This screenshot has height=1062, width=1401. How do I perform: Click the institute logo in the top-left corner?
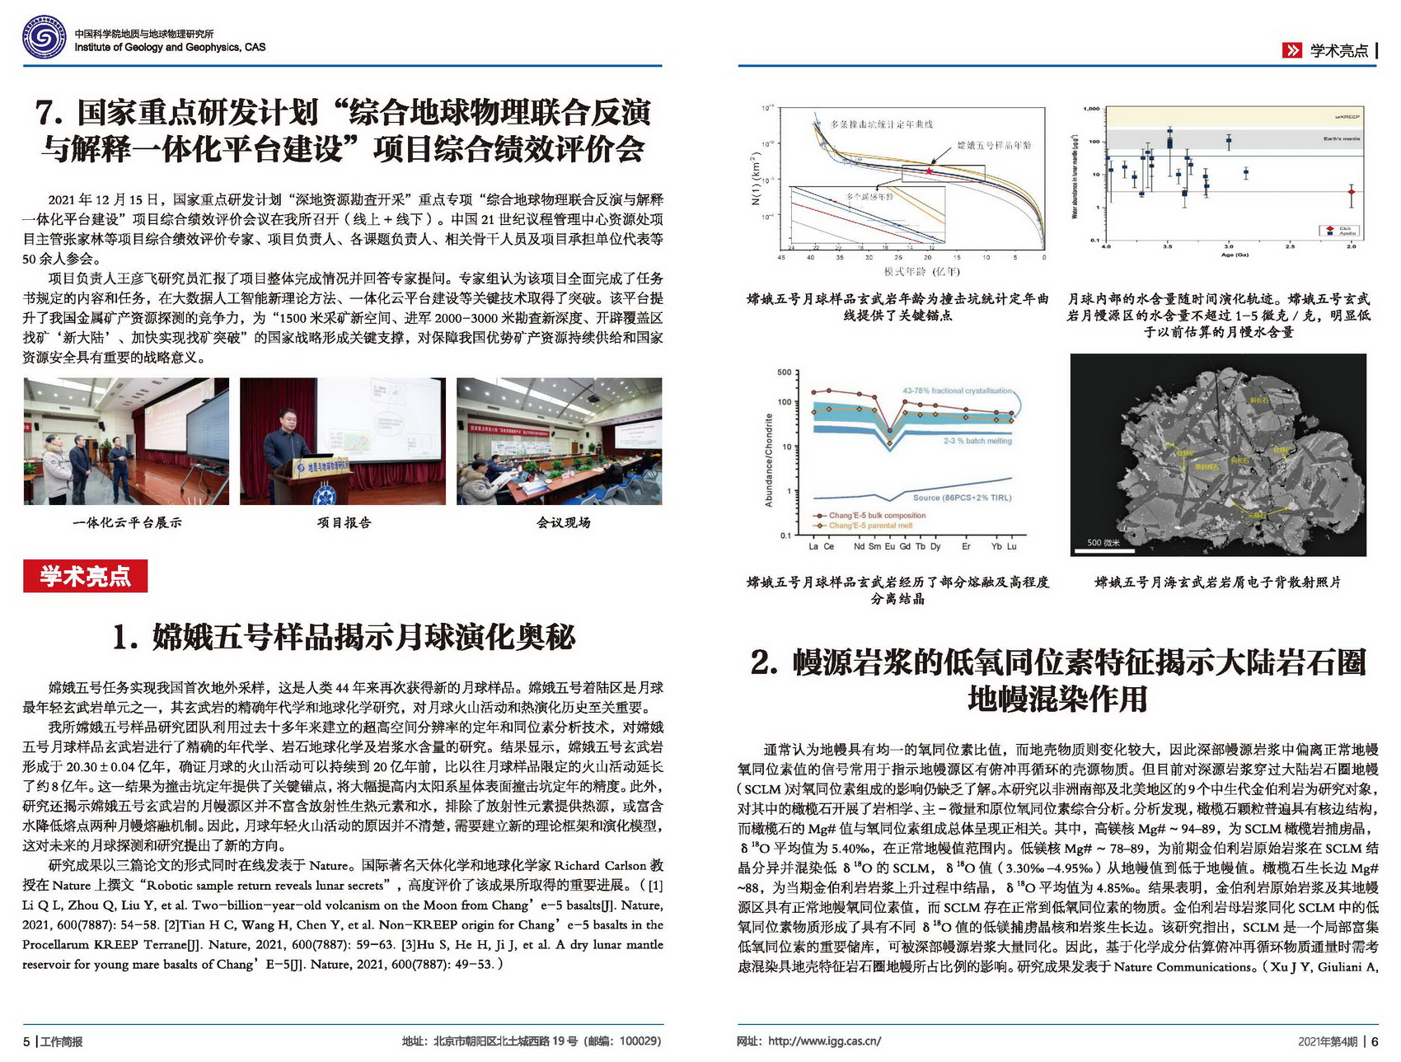45,38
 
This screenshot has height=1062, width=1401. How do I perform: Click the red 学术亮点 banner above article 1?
85,576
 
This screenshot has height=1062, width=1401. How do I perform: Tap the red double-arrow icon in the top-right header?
1291,50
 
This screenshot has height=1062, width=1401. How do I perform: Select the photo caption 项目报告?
344,522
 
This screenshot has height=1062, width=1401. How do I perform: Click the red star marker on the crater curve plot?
930,171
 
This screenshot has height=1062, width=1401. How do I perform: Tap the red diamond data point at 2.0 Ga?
1351,192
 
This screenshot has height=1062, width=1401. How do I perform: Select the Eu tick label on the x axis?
890,546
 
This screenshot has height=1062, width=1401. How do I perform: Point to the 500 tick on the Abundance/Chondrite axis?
784,372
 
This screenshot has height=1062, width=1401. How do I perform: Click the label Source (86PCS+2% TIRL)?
962,498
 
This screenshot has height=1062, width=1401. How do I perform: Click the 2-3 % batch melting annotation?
977,441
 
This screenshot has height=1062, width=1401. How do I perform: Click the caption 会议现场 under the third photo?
563,522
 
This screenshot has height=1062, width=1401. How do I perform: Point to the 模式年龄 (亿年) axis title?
921,271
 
